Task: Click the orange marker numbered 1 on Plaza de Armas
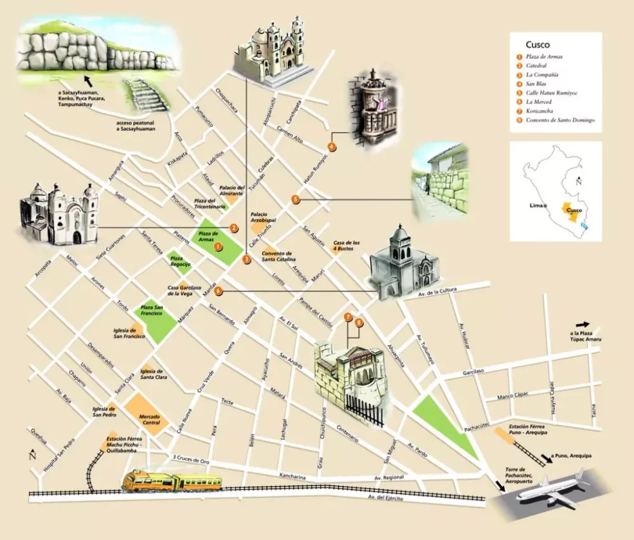(x=218, y=246)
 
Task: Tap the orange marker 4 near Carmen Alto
(x=332, y=147)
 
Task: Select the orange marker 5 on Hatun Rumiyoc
(x=295, y=199)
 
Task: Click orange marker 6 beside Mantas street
(x=218, y=291)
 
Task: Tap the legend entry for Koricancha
(x=543, y=111)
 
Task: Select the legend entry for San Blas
(x=538, y=84)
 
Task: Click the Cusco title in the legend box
(x=537, y=45)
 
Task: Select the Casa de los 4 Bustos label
(x=347, y=246)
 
